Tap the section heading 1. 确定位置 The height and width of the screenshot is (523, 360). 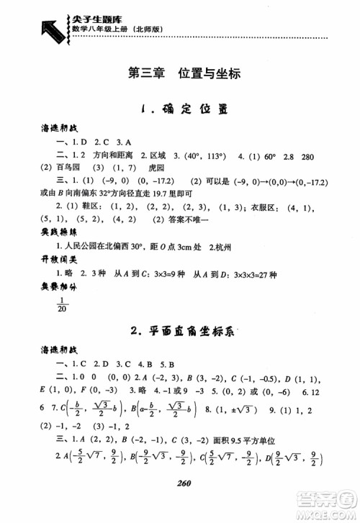tap(179, 110)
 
